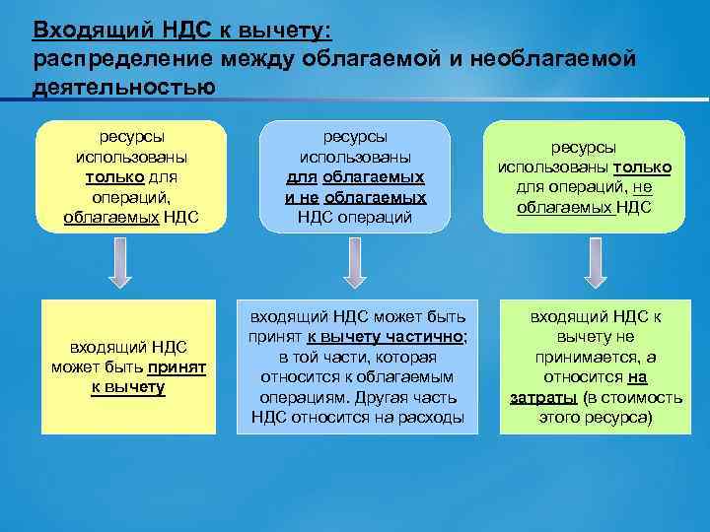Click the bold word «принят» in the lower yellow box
pos(177,366)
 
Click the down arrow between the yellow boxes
pos(120,264)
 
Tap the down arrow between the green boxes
pos(591,264)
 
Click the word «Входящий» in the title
pos(76,31)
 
